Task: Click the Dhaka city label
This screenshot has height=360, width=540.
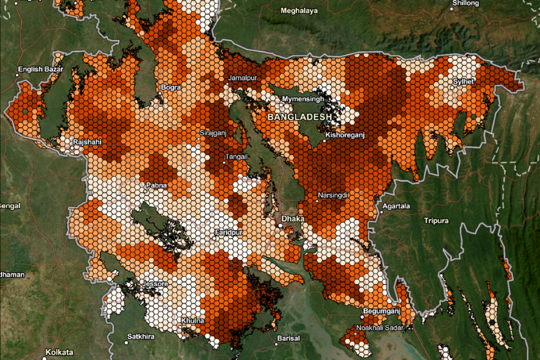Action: [291, 217]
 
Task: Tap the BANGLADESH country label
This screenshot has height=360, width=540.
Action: [300, 116]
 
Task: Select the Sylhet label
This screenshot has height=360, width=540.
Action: [464, 82]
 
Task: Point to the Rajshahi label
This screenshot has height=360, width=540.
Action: [87, 142]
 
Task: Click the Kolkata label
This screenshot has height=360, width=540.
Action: [59, 352]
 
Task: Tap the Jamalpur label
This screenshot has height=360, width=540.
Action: [243, 78]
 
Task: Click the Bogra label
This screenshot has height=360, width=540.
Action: [171, 87]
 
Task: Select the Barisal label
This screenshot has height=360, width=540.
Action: [288, 337]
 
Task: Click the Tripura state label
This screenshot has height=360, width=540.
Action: [436, 220]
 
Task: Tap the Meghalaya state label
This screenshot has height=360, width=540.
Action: [299, 11]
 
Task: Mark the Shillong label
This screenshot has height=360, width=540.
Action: [466, 3]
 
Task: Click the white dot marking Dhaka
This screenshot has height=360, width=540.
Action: [281, 226]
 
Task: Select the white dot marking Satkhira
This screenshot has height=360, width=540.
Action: [126, 343]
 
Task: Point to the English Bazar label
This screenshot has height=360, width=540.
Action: [41, 69]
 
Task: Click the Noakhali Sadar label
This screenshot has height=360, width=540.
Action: [379, 328]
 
